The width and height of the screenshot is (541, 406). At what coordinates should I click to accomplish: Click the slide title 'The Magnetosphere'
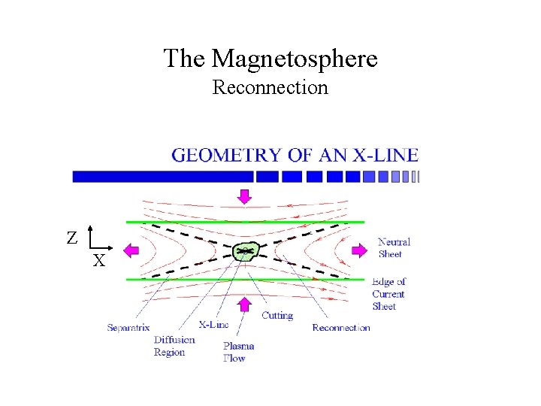click(270, 58)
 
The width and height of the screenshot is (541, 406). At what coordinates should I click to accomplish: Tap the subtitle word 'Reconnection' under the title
click(270, 88)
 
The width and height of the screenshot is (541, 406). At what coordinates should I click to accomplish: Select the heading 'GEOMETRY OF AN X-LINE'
click(295, 156)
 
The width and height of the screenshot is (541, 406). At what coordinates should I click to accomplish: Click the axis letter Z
click(71, 238)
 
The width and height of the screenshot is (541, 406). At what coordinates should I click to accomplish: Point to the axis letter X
click(98, 262)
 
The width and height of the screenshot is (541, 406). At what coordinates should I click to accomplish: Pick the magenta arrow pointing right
click(361, 249)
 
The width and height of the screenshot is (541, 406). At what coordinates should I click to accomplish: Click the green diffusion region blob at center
click(246, 251)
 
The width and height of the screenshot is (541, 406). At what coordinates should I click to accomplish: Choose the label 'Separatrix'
click(128, 327)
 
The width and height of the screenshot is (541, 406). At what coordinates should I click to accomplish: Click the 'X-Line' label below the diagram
click(213, 325)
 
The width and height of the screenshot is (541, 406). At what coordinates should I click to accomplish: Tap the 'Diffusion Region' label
click(174, 346)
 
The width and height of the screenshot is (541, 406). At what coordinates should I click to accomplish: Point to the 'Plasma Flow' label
click(239, 352)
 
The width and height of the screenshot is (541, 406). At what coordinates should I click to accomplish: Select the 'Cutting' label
click(277, 316)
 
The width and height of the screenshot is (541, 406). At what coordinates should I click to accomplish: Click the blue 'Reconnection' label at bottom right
click(341, 327)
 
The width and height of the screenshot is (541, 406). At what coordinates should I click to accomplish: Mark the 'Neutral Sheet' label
click(394, 248)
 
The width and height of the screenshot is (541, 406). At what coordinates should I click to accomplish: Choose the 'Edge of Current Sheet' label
click(389, 294)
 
